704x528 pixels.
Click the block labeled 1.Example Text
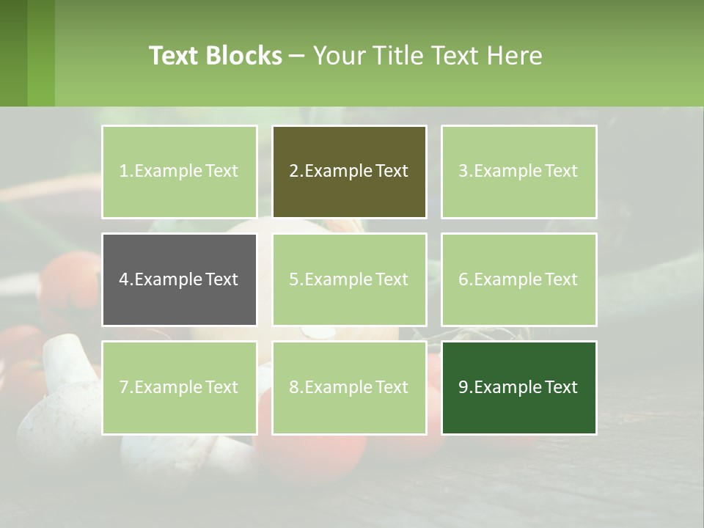pos(179,172)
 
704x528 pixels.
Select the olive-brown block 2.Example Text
pos(349,172)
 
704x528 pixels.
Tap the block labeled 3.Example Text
pos(518,172)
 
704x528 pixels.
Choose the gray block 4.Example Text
pos(179,279)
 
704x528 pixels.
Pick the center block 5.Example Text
pos(349,279)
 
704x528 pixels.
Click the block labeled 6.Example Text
pos(518,279)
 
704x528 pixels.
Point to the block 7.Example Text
pos(179,387)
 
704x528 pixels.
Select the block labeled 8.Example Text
pos(349,387)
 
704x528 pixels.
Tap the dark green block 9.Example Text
pos(518,387)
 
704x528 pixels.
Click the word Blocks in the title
pos(243,56)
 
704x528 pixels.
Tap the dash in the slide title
pos(297,56)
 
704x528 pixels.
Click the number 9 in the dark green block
pos(463,387)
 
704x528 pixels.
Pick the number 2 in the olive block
pos(293,172)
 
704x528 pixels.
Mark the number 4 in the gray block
pos(123,279)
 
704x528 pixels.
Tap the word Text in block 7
pos(221,387)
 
